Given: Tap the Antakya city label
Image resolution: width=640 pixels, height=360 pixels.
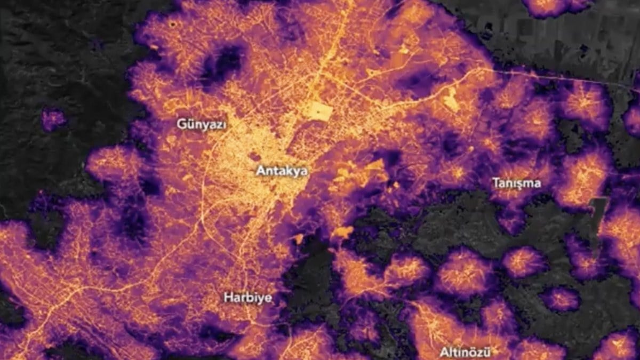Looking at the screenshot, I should (282, 171).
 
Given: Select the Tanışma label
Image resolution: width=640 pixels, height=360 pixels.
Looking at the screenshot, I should (516, 183).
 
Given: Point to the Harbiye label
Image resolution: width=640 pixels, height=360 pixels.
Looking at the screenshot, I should (247, 298).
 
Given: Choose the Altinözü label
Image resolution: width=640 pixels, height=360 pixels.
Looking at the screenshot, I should (465, 352).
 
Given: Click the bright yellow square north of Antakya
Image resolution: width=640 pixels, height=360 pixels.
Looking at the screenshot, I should (319, 111).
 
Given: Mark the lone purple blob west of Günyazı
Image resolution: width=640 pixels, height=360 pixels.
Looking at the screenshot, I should (53, 119).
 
